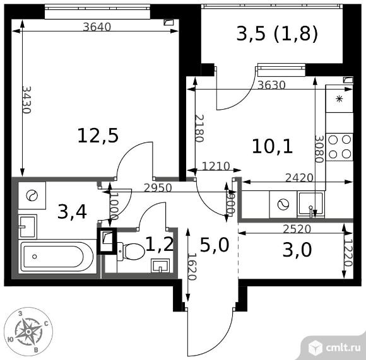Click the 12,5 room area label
[98, 136]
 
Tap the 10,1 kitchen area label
[273, 147]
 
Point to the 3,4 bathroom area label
[72, 211]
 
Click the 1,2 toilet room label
[160, 244]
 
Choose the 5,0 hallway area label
[215, 245]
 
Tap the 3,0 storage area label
[297, 250]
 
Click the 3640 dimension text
[97, 27]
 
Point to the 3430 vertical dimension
[27, 100]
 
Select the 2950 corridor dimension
[158, 188]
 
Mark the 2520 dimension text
[297, 229]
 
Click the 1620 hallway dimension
[191, 267]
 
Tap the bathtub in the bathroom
[57, 257]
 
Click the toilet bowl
[131, 251]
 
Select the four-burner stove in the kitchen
[339, 147]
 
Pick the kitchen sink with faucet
[310, 204]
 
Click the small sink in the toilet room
[160, 265]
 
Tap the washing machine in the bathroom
[32, 195]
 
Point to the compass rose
[28, 332]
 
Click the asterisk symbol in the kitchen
[339, 100]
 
